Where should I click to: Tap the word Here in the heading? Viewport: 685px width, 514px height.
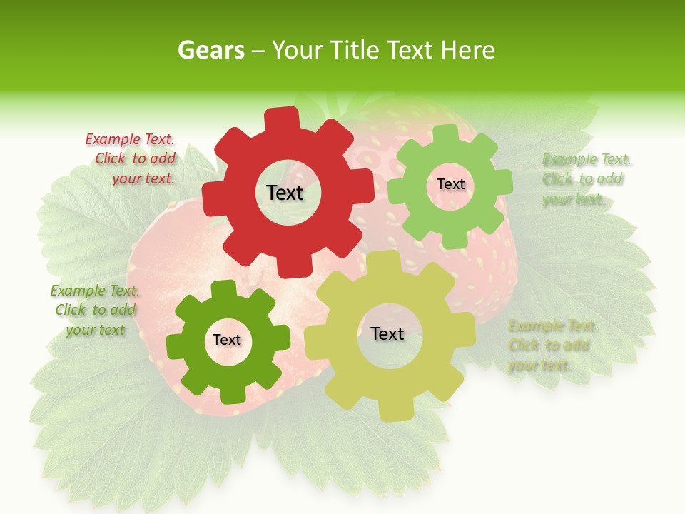click(468, 51)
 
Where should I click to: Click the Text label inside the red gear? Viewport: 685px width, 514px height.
click(285, 193)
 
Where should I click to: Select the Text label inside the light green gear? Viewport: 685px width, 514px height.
click(450, 184)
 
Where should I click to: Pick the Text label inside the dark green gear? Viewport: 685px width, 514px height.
click(227, 340)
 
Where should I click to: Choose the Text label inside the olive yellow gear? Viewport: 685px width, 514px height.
click(387, 333)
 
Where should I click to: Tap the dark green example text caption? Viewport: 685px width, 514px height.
click(95, 310)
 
